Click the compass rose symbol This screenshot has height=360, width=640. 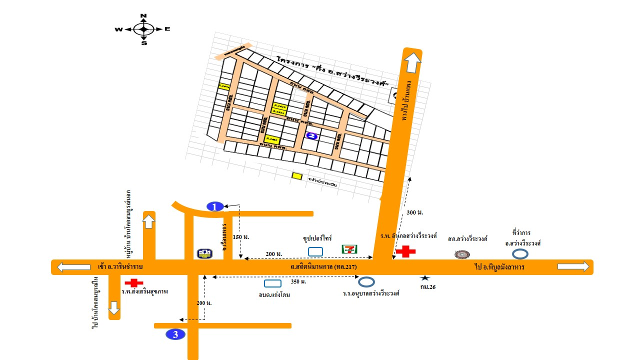[143, 29]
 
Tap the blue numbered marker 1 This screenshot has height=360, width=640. [214, 206]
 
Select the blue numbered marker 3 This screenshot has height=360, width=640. [175, 334]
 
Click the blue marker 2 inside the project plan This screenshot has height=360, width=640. [312, 136]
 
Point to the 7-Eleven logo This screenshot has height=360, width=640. [349, 249]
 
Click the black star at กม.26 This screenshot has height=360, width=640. [424, 277]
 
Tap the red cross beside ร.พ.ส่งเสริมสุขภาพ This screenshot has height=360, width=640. [133, 283]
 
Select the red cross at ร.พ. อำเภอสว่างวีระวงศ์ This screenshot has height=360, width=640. [405, 251]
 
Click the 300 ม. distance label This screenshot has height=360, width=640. [415, 212]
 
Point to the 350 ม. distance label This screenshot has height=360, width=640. [298, 282]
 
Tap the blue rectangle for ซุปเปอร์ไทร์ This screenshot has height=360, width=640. [315, 251]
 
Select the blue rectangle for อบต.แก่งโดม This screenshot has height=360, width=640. [272, 283]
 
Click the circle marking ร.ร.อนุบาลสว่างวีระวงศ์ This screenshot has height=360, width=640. [366, 282]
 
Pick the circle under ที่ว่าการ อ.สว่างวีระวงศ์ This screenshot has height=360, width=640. [520, 254]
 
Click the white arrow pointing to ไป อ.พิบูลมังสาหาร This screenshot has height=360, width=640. [573, 266]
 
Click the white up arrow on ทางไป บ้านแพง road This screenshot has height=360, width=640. [413, 62]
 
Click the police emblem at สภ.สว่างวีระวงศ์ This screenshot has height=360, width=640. [462, 254]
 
